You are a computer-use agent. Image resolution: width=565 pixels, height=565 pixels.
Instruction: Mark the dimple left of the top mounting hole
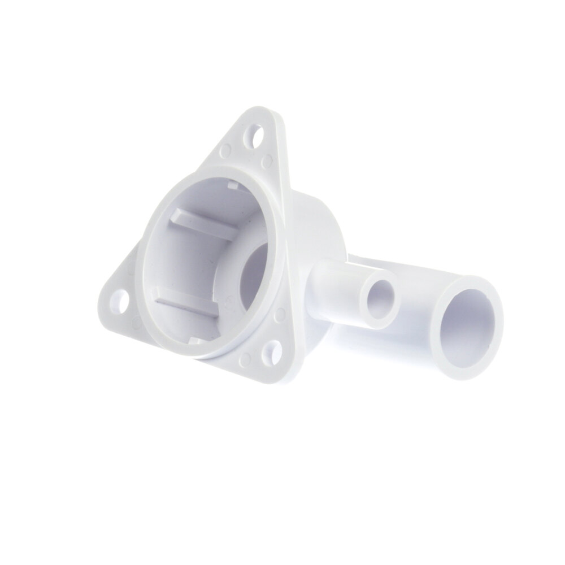pyautogui.click(x=226, y=151)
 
